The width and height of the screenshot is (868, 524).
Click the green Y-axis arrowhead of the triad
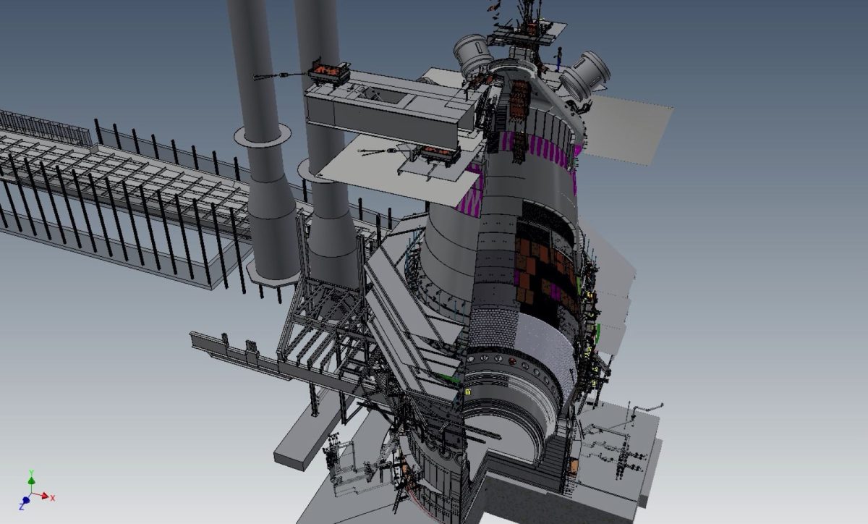[x=31, y=480]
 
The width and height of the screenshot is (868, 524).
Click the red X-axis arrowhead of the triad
[x=45, y=496]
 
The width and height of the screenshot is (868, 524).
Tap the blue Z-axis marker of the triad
[x=25, y=500]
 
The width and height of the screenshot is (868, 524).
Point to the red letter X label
[x=53, y=498]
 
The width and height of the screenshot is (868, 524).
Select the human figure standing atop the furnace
[x=559, y=59]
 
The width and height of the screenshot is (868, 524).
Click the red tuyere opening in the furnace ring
[x=513, y=361]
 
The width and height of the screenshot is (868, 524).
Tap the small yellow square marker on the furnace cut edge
[x=467, y=392]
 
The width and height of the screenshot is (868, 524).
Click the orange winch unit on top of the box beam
[x=328, y=73]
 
